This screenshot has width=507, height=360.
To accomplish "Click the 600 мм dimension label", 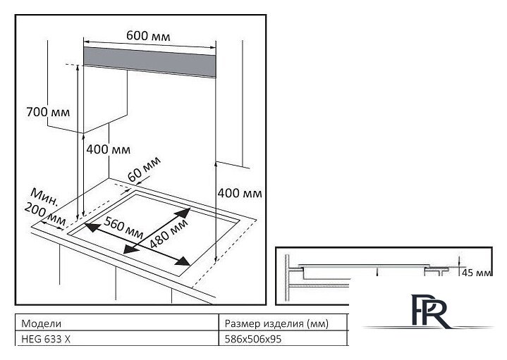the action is click(148, 35).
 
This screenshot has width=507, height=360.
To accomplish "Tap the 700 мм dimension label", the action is click(48, 112).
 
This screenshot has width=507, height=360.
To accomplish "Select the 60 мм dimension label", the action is click(144, 168).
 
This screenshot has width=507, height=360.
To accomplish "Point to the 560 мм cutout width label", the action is click(124, 228).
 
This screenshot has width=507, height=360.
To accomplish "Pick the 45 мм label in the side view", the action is click(477, 273).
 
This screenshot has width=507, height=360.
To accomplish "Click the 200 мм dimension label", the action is click(45, 214).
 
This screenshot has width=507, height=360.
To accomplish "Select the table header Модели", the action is click(41, 323).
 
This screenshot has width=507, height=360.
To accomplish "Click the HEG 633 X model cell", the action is click(46, 339).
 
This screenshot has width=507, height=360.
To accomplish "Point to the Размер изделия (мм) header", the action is click(276, 323).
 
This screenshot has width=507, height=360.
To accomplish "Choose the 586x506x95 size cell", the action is click(253, 339).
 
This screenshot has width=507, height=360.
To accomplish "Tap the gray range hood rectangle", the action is click(149, 62).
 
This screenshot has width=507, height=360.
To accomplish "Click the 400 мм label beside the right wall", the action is click(240, 193).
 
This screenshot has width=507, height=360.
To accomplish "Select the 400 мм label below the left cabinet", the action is click(109, 149).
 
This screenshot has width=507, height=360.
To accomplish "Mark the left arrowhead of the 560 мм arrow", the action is click(92, 227).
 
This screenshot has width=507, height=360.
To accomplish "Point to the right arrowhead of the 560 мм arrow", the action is click(183, 261).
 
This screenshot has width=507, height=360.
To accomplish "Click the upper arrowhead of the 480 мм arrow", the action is click(183, 213).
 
